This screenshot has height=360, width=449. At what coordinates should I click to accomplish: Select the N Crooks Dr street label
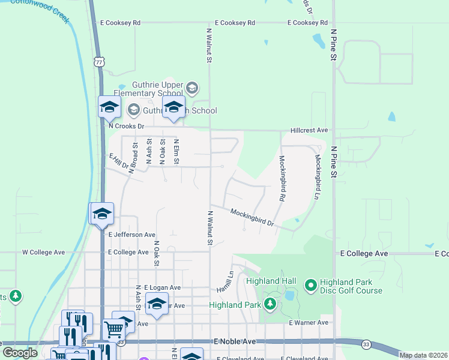pos(126,127)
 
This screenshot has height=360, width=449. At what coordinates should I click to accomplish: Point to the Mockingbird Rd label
pos(281,178)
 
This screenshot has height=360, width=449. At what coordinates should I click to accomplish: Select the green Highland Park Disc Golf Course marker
pos(310,286)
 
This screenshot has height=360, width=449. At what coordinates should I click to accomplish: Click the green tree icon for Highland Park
pos(270,304)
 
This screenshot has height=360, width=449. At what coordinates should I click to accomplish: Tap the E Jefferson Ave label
pos(131,235)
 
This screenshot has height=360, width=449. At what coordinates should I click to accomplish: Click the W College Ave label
pos(43,253)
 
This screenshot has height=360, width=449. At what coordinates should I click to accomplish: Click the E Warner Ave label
pos(309,323)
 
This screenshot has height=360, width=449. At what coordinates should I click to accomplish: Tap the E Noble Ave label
pos(235,341)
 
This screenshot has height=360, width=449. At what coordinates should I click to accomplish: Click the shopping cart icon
pos(113,328)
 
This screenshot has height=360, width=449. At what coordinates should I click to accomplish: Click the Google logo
pos(20,352)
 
